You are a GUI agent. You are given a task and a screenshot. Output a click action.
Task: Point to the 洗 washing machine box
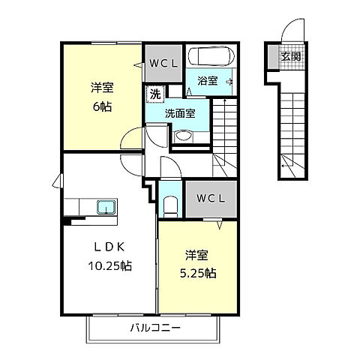point(154,94)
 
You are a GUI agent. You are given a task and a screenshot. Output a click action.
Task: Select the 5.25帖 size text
point(197,274)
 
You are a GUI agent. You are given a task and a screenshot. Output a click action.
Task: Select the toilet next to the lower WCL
point(169,203)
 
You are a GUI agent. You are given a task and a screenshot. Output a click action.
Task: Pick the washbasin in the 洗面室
point(184,136)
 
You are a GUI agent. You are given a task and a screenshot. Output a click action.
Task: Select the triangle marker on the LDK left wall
point(57,181)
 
